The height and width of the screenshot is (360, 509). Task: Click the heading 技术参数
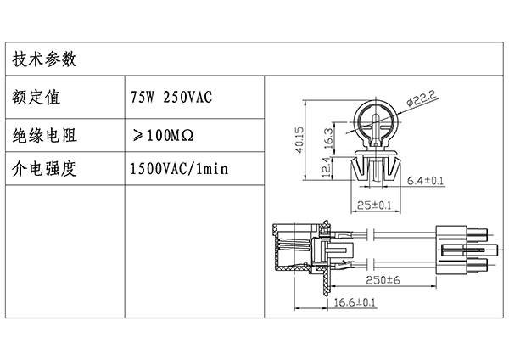pos(44,59)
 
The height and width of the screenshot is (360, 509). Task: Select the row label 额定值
pos(36,97)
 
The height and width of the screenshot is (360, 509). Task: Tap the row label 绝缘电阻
pos(44,135)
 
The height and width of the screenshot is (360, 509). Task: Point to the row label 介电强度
pos(44,169)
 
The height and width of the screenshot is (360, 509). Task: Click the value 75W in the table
pos(143,97)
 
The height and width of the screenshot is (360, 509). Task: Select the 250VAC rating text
pos(187,97)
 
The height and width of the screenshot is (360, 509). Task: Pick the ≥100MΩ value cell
pos(163,135)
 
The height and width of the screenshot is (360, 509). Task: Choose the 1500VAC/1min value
pos(179,169)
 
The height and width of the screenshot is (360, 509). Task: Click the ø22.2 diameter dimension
pos(422,98)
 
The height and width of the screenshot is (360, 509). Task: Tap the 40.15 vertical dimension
pos(299,139)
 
